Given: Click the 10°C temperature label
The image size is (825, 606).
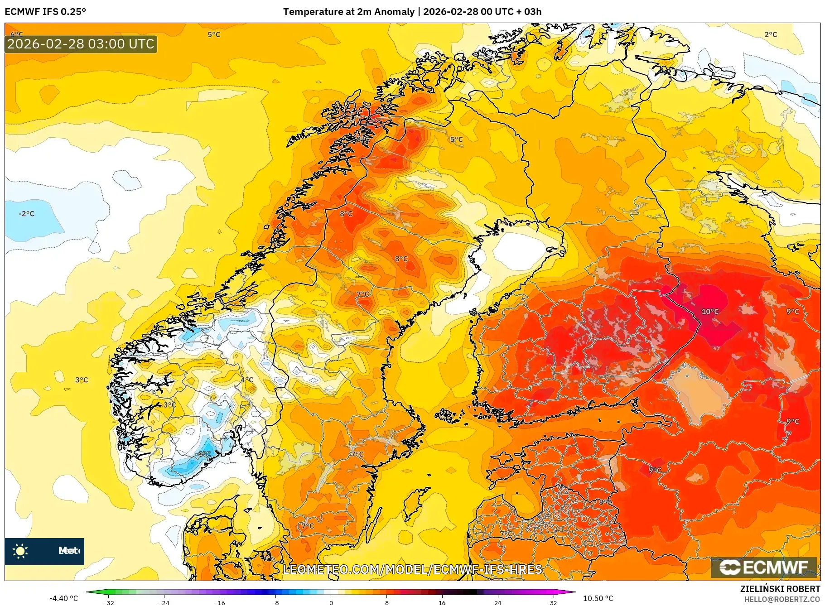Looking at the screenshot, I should point(710,312).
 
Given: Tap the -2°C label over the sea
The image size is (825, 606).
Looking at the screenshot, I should point(26,214).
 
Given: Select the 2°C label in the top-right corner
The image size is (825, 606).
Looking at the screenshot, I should point(771,34).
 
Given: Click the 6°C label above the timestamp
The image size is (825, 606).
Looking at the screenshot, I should point(17,34).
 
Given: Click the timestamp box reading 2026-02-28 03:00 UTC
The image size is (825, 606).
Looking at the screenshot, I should point(81,44).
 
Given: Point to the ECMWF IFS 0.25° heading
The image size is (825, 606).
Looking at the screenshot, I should point(45,12).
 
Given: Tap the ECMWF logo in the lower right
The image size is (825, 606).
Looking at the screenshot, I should point(764,568).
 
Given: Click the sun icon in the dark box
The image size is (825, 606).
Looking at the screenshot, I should point(20,551).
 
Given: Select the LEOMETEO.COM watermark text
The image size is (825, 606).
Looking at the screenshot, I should point(412,569).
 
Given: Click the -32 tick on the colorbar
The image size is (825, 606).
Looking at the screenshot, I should point(109,603).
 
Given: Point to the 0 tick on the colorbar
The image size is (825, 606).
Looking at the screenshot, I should point(331,603).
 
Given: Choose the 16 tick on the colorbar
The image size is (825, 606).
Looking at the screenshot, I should point(442,603).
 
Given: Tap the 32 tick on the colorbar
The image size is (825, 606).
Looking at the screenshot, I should point(553,603).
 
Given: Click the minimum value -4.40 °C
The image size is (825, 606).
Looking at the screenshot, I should point(63,598).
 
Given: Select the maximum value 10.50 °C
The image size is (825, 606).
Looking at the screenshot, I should point(598,598).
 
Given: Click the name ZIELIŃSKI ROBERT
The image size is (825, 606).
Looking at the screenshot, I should point(780,589).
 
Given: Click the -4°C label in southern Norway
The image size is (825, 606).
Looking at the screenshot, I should point(203,454).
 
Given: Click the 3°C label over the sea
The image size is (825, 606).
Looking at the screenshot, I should point(82,380).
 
